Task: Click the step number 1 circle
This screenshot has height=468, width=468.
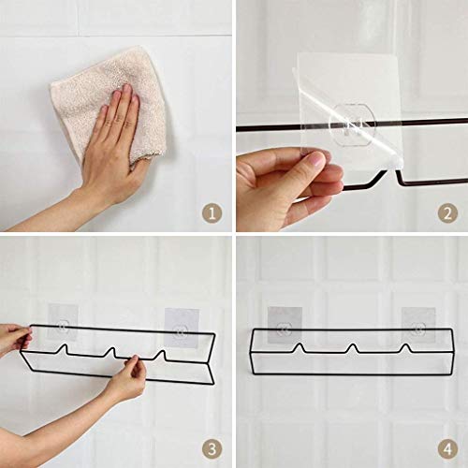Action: [x=213, y=213]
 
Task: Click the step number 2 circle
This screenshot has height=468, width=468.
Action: [x=447, y=213]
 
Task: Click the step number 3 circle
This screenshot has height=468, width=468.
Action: [x=213, y=447]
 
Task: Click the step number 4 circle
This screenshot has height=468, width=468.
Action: [x=447, y=447]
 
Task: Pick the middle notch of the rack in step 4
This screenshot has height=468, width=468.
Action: [x=353, y=348]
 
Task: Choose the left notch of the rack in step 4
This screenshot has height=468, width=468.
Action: [x=300, y=348]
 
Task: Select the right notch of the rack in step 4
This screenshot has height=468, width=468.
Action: [x=405, y=348]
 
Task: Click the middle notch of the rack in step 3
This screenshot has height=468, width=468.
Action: [x=113, y=354]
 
